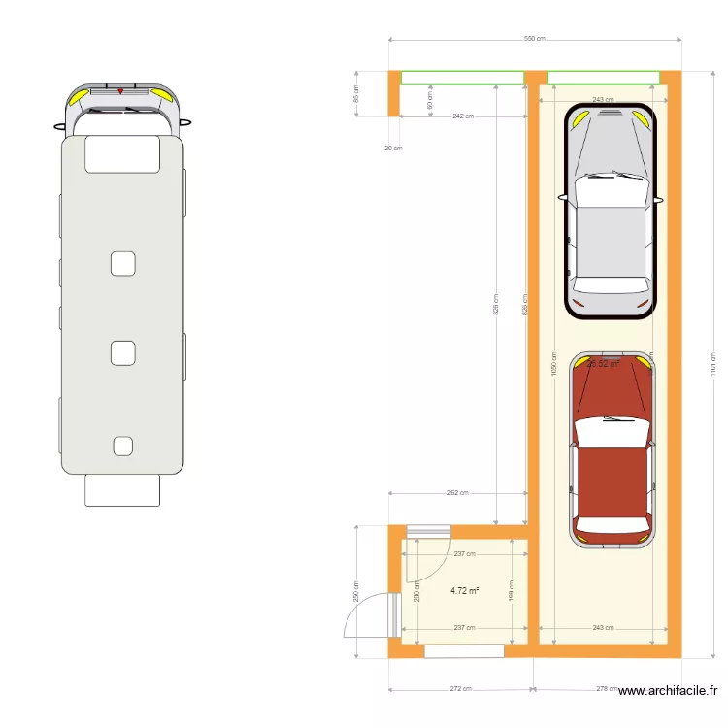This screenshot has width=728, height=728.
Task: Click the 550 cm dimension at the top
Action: pyautogui.click(x=535, y=39)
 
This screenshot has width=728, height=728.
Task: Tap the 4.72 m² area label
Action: pyautogui.click(x=465, y=589)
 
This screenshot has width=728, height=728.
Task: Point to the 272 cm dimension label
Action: pyautogui.click(x=460, y=689)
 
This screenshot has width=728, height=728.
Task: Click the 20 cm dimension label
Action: pyautogui.click(x=392, y=148)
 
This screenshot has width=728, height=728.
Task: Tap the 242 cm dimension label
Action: pyautogui.click(x=463, y=116)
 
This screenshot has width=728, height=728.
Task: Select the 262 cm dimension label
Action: pyautogui.click(x=458, y=492)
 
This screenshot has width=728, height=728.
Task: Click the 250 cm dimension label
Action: pyautogui.click(x=356, y=590)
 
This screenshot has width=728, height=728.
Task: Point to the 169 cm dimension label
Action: pyautogui.click(x=511, y=590)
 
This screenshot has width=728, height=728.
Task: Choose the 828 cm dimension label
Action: pyautogui.click(x=495, y=305)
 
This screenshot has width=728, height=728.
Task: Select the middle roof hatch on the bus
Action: pyautogui.click(x=122, y=353)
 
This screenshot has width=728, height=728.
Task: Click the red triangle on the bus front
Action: pyautogui.click(x=120, y=90)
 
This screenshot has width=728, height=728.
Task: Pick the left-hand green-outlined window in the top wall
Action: pyautogui.click(x=462, y=78)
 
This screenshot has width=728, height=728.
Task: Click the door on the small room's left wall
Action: pyautogui.click(x=393, y=615)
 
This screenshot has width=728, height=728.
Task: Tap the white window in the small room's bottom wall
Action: pyautogui.click(x=463, y=651)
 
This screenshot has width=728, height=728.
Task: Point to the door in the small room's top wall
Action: pyautogui.click(x=428, y=530)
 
